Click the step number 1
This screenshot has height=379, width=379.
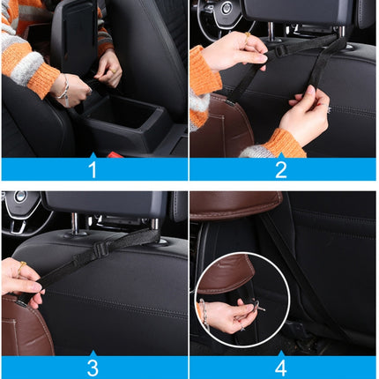click(93, 169)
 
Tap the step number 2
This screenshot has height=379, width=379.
click(281, 169)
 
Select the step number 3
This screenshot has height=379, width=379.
click(93, 367)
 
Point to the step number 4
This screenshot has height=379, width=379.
click(281, 367)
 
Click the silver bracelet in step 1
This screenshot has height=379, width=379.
click(64, 88)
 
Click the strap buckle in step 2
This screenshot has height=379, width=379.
click(281, 50)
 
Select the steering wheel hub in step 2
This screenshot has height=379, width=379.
click(224, 11)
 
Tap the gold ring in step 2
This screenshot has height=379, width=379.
click(329, 110)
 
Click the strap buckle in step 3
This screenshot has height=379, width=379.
click(100, 249)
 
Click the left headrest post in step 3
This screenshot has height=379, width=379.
click(77, 227)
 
